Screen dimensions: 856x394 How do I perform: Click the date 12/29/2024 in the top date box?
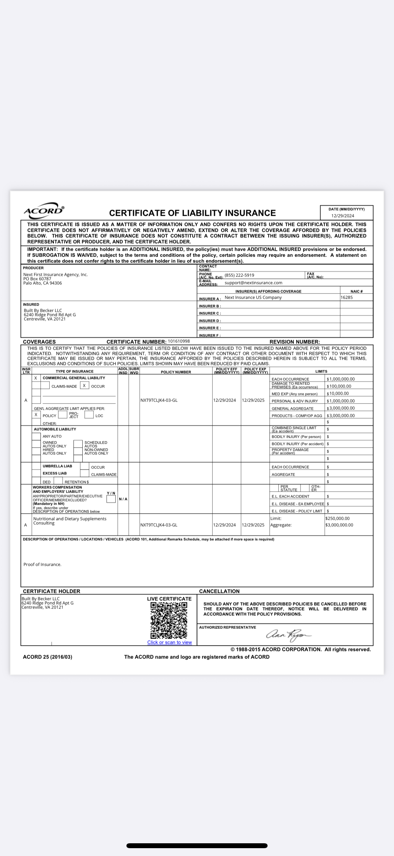pos(342,216)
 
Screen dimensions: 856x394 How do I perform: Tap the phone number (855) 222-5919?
pos(239,275)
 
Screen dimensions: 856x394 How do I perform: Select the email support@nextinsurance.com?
pos(254,283)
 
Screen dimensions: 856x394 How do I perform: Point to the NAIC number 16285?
pos(347,297)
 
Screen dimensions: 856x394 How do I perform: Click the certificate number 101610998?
pos(179,341)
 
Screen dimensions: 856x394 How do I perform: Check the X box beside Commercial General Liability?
pos(36,378)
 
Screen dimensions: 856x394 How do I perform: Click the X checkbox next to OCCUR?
pos(85,386)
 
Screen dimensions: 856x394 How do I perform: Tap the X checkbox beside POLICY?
pos(36,415)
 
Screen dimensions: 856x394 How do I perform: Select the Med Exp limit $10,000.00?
pos(337,393)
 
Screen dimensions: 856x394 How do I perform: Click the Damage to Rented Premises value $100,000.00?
pos(339,386)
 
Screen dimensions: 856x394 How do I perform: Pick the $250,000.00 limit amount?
pos(337,518)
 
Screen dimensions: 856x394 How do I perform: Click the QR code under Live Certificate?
pos(169,620)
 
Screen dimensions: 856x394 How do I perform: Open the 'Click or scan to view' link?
pos(170,642)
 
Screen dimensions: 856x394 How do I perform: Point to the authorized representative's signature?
pos(288,635)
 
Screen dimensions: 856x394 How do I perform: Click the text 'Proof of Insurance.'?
pos(42,564)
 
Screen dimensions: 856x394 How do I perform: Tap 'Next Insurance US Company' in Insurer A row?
pos(253,297)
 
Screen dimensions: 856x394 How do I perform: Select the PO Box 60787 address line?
pos(38,279)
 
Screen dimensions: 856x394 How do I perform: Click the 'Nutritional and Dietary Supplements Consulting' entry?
pos(70,521)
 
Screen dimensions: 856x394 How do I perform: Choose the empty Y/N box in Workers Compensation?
pos(111,499)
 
